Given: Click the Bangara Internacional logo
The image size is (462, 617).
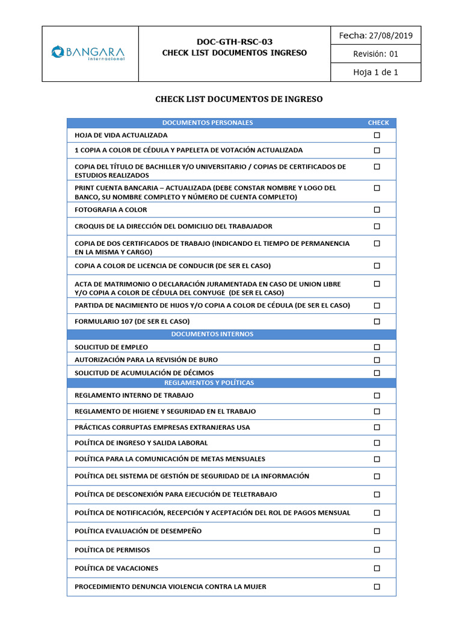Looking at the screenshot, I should [x=88, y=53].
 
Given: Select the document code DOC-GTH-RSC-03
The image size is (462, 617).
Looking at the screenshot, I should [x=235, y=42].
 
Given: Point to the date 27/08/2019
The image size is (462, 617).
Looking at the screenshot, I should [x=392, y=36].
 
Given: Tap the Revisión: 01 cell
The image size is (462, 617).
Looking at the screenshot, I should [x=376, y=54].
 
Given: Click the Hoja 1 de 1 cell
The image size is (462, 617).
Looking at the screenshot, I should [x=376, y=72].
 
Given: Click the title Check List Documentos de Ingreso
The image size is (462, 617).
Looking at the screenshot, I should [x=239, y=99].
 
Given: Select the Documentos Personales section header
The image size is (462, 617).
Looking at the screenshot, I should [x=208, y=123].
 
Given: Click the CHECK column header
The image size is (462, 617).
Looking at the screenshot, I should [x=378, y=123].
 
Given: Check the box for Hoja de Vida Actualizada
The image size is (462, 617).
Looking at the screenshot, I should [x=377, y=135].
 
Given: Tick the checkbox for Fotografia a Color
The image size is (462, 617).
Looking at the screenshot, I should [x=377, y=210].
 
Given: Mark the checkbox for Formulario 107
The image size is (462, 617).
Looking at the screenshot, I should [x=377, y=321].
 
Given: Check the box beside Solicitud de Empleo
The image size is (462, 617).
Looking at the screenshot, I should [x=377, y=347].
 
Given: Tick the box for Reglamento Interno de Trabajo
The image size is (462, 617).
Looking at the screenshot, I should [x=377, y=395].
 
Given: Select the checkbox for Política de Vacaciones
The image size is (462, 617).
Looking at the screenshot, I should [x=377, y=568].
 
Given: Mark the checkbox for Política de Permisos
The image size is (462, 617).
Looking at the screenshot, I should [x=377, y=550].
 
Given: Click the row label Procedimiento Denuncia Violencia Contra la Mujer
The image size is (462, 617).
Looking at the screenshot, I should [x=170, y=586].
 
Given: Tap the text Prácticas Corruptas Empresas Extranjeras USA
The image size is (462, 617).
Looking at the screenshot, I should [x=162, y=427].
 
